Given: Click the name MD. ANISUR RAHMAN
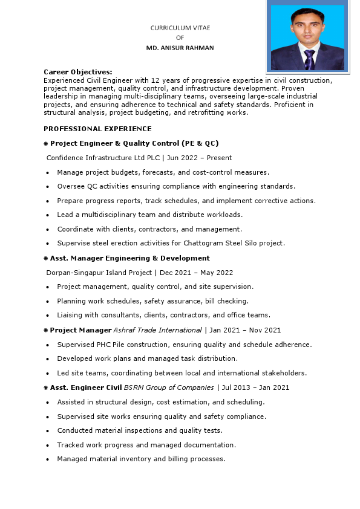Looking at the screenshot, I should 180,48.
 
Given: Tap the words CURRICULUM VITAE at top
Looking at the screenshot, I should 180,28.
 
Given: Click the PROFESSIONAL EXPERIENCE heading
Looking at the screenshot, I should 97,129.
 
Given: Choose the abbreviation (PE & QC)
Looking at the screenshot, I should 200,143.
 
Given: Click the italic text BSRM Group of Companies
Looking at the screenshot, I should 169,387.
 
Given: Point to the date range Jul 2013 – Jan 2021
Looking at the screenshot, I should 255,387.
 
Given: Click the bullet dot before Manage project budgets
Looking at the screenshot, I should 48,172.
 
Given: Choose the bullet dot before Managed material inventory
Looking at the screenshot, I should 48,459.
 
